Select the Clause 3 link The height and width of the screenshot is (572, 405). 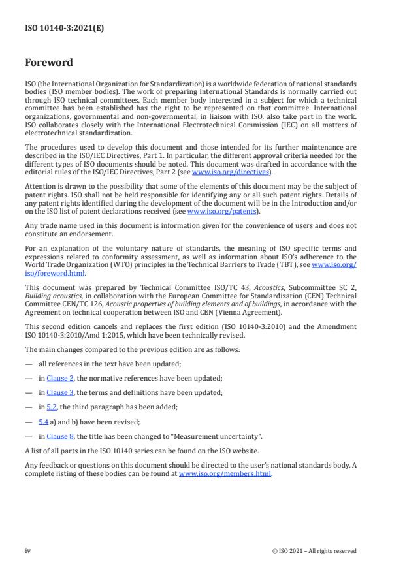tap(67, 392)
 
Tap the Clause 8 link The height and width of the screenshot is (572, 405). tap(67, 436)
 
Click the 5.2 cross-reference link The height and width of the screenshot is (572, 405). tap(52, 407)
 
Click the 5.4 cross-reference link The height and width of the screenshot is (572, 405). tap(43, 421)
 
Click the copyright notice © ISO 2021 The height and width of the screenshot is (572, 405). tap(314, 551)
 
